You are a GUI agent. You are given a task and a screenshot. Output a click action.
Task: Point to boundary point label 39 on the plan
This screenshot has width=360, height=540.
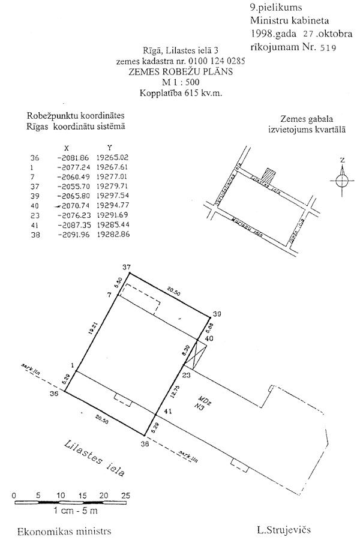[x=217, y=313]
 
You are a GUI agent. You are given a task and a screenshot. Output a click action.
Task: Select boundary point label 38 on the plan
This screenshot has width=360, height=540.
[x=144, y=445]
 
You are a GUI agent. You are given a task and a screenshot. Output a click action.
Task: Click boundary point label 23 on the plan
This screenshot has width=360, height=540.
[x=185, y=375]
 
